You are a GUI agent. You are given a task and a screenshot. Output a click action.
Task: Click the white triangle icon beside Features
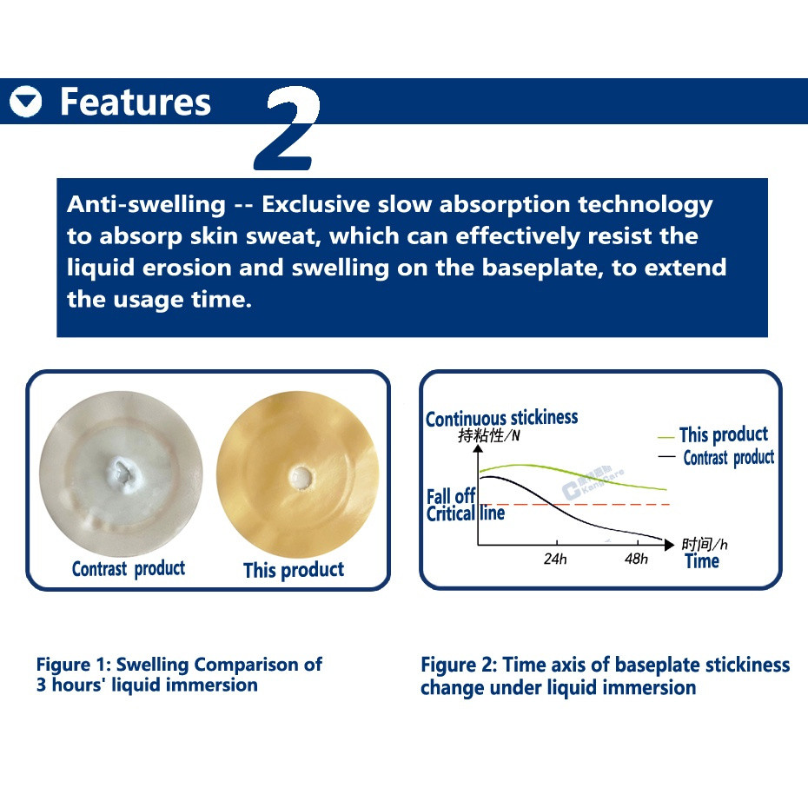25,102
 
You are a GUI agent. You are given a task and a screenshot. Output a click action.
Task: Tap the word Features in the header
136,102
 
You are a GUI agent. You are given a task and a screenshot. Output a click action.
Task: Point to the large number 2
287,128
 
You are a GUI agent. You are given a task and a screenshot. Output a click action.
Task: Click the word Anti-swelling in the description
146,205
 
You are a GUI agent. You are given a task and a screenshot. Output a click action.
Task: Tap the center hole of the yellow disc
301,478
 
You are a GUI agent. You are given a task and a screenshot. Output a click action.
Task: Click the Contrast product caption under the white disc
129,569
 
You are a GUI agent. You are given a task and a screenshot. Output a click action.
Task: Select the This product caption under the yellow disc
294,570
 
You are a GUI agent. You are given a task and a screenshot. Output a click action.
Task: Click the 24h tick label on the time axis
555,559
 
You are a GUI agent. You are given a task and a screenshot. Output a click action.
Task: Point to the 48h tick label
636,559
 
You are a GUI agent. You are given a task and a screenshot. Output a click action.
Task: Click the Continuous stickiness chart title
502,418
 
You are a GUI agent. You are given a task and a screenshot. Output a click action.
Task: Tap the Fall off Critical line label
466,505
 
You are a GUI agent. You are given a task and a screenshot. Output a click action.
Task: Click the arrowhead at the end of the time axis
669,545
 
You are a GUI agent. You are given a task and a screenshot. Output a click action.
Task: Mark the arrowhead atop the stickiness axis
478,449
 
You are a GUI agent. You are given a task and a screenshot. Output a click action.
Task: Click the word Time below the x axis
702,561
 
